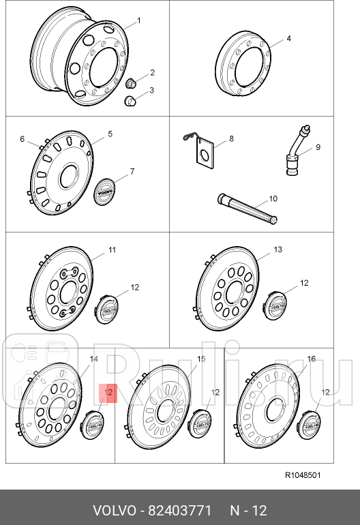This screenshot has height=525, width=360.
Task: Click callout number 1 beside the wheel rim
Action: click(139, 20)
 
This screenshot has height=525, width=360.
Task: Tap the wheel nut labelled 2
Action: click(130, 82)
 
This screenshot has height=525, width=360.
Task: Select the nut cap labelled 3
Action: click(130, 100)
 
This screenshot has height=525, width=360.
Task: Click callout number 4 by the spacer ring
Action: click(288, 38)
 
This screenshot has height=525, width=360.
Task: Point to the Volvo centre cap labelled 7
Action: click(103, 192)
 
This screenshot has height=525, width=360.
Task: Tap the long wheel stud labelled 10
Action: click(247, 209)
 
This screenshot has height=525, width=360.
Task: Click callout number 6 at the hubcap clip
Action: click(22, 139)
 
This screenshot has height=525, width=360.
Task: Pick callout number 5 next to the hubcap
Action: click(110, 134)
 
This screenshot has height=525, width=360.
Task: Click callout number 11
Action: click(112, 250)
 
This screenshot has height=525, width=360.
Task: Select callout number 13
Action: click(277, 250)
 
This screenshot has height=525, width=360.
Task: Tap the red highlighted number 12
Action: click(108, 393)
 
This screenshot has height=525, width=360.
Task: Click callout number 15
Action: click(201, 359)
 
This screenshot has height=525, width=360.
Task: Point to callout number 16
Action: click(312, 359)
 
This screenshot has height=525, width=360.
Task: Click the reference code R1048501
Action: click(303, 475)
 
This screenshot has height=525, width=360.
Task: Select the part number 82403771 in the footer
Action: click(179, 511)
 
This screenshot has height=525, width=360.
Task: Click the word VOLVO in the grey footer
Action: click(115, 511)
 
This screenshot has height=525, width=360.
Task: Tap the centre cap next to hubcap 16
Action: click(309, 423)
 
